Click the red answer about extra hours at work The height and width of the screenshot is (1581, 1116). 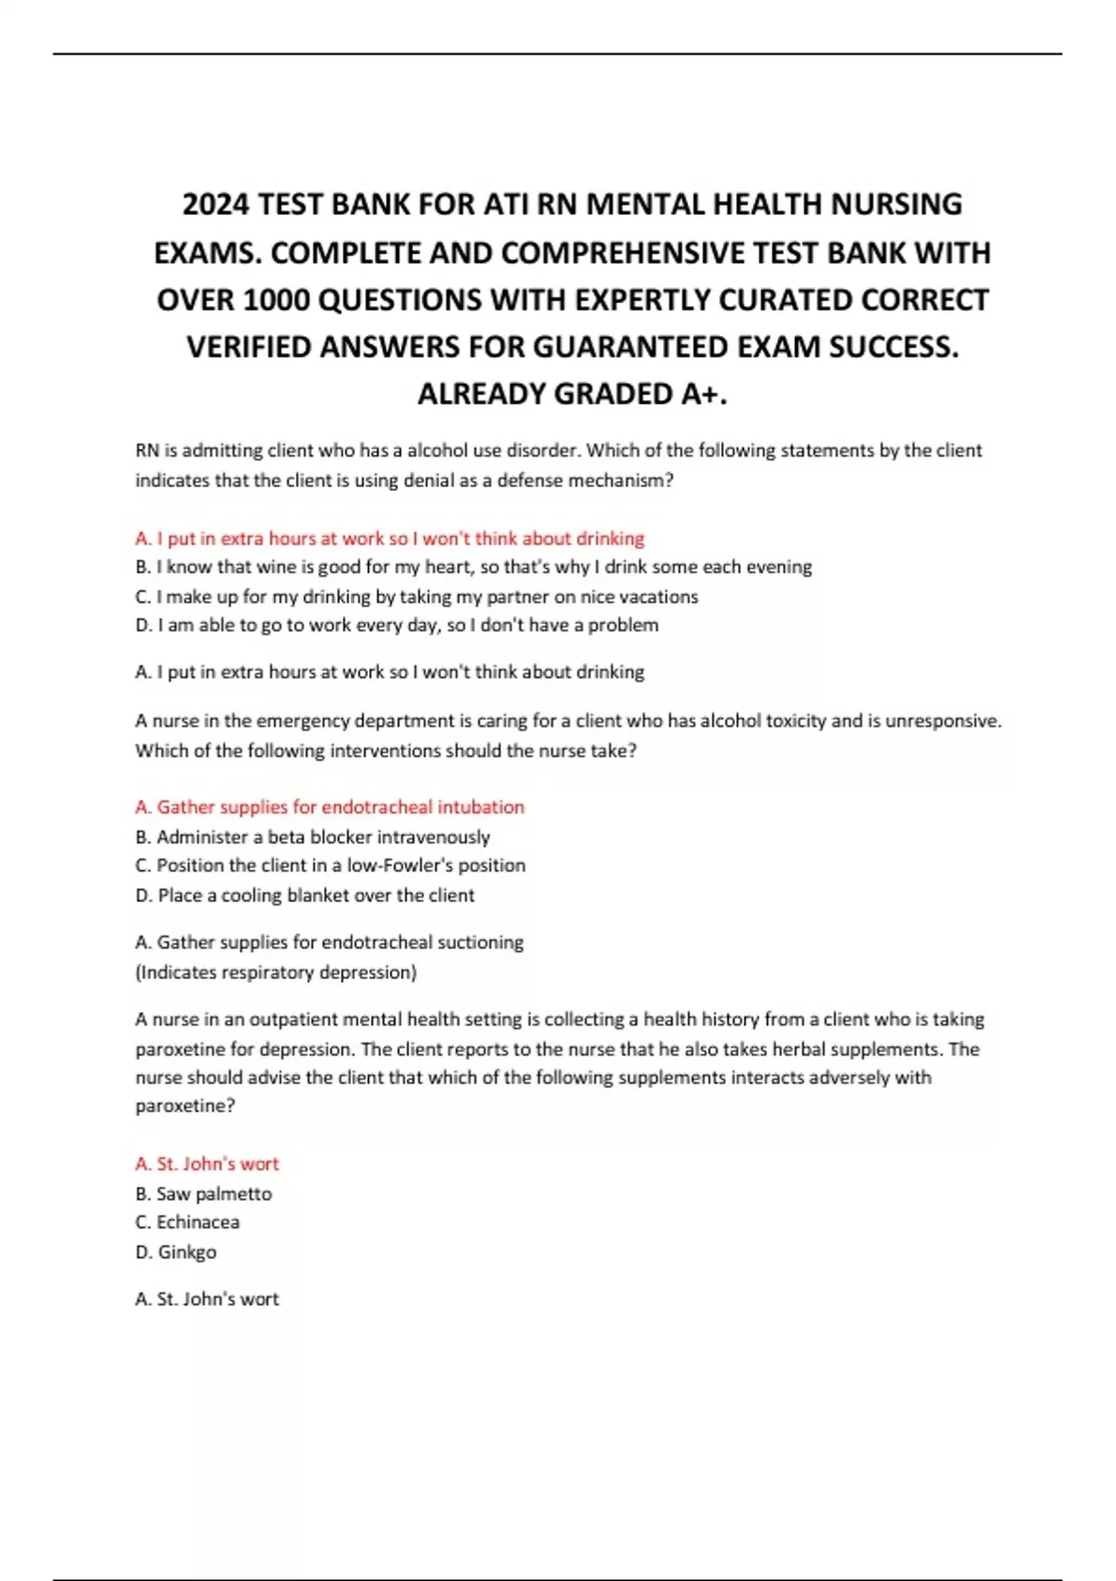tap(390, 538)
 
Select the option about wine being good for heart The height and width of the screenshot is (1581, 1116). tap(473, 567)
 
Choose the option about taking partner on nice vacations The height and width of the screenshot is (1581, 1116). tap(417, 597)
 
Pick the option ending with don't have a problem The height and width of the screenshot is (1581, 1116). tap(397, 626)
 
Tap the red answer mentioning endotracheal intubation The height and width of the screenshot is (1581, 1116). tap(330, 807)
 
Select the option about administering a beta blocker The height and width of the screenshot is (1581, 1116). tap(312, 837)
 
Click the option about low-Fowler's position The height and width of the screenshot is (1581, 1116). tap(330, 866)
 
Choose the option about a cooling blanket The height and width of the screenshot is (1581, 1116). tap(305, 896)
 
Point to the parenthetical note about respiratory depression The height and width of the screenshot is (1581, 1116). tap(276, 973)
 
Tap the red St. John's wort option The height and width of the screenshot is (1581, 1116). tap(206, 1164)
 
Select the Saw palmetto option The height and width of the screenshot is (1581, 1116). tap(204, 1194)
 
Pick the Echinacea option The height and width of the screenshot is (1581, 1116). tap(187, 1223)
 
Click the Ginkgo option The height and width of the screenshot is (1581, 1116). tap(176, 1253)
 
